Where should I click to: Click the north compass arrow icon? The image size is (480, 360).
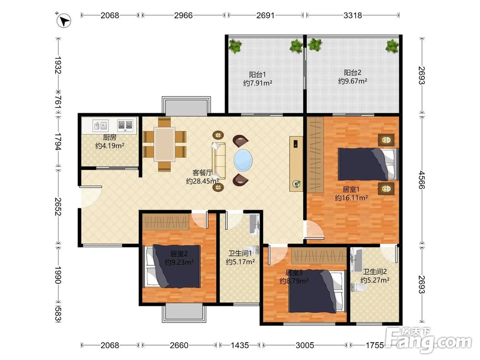[x=64, y=21]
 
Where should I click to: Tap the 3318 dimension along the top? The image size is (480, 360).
[x=353, y=15]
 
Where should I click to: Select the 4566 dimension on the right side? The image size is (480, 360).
[x=422, y=180]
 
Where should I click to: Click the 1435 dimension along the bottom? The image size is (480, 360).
[x=240, y=345]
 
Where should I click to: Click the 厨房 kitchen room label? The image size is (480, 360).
[x=109, y=137]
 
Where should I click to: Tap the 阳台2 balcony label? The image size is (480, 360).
[x=352, y=72]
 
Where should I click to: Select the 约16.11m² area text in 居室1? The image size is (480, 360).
[x=351, y=198]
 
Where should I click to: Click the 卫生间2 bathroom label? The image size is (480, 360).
[x=375, y=272]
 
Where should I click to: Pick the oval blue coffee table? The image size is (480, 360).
[x=243, y=159]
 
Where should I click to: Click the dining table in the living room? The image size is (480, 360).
[x=164, y=144]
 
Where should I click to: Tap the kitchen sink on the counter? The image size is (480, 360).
[x=100, y=125]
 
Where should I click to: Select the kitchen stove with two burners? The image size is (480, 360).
[x=125, y=125]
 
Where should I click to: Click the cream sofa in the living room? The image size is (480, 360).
[x=219, y=161]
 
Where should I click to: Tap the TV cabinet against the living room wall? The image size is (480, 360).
[x=296, y=164]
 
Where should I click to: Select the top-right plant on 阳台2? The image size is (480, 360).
[x=392, y=46]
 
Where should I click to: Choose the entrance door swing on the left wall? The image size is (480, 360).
[x=91, y=196]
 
